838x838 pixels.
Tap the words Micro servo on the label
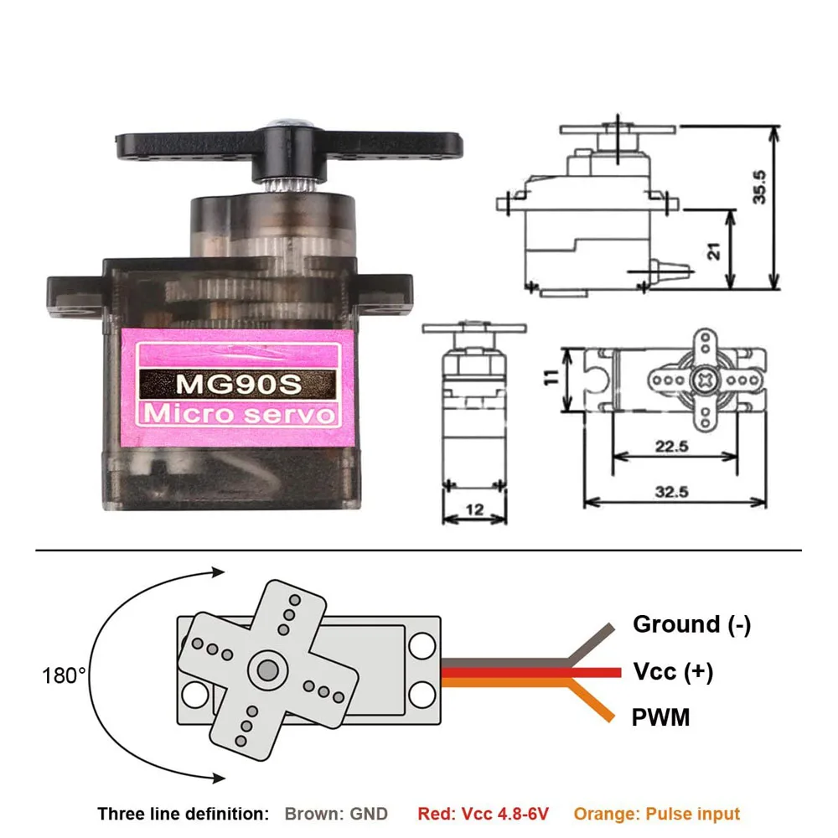click(x=241, y=414)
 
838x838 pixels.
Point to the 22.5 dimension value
click(x=672, y=447)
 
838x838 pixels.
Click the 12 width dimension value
click(x=474, y=508)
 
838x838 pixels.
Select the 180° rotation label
click(x=63, y=675)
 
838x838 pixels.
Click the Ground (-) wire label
click(x=691, y=624)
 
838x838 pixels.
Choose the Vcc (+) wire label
click(x=673, y=671)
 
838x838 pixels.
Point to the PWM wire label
click(x=661, y=717)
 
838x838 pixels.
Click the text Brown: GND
click(x=336, y=813)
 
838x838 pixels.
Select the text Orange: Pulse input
click(x=657, y=813)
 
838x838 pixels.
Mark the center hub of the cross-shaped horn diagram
click(x=268, y=670)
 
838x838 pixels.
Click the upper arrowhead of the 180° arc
click(x=220, y=572)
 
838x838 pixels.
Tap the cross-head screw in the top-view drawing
click(x=704, y=380)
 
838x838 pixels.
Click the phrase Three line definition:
click(x=184, y=813)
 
